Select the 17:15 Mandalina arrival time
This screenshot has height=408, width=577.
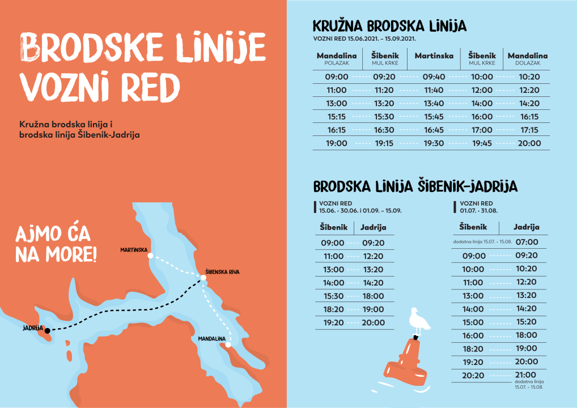[529, 130]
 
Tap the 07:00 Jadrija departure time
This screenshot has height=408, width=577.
[527, 242]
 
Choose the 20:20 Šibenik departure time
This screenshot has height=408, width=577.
[473, 375]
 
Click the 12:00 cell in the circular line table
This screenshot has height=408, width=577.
[482, 90]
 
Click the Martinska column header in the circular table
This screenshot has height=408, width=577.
[434, 56]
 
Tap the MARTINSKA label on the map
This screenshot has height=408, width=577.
[134, 250]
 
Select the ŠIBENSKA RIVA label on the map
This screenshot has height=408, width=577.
[222, 272]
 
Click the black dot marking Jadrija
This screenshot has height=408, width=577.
[48, 330]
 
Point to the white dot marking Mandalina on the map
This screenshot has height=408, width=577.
[228, 344]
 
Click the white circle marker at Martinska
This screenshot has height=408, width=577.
[150, 256]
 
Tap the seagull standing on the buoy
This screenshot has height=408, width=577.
[418, 321]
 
